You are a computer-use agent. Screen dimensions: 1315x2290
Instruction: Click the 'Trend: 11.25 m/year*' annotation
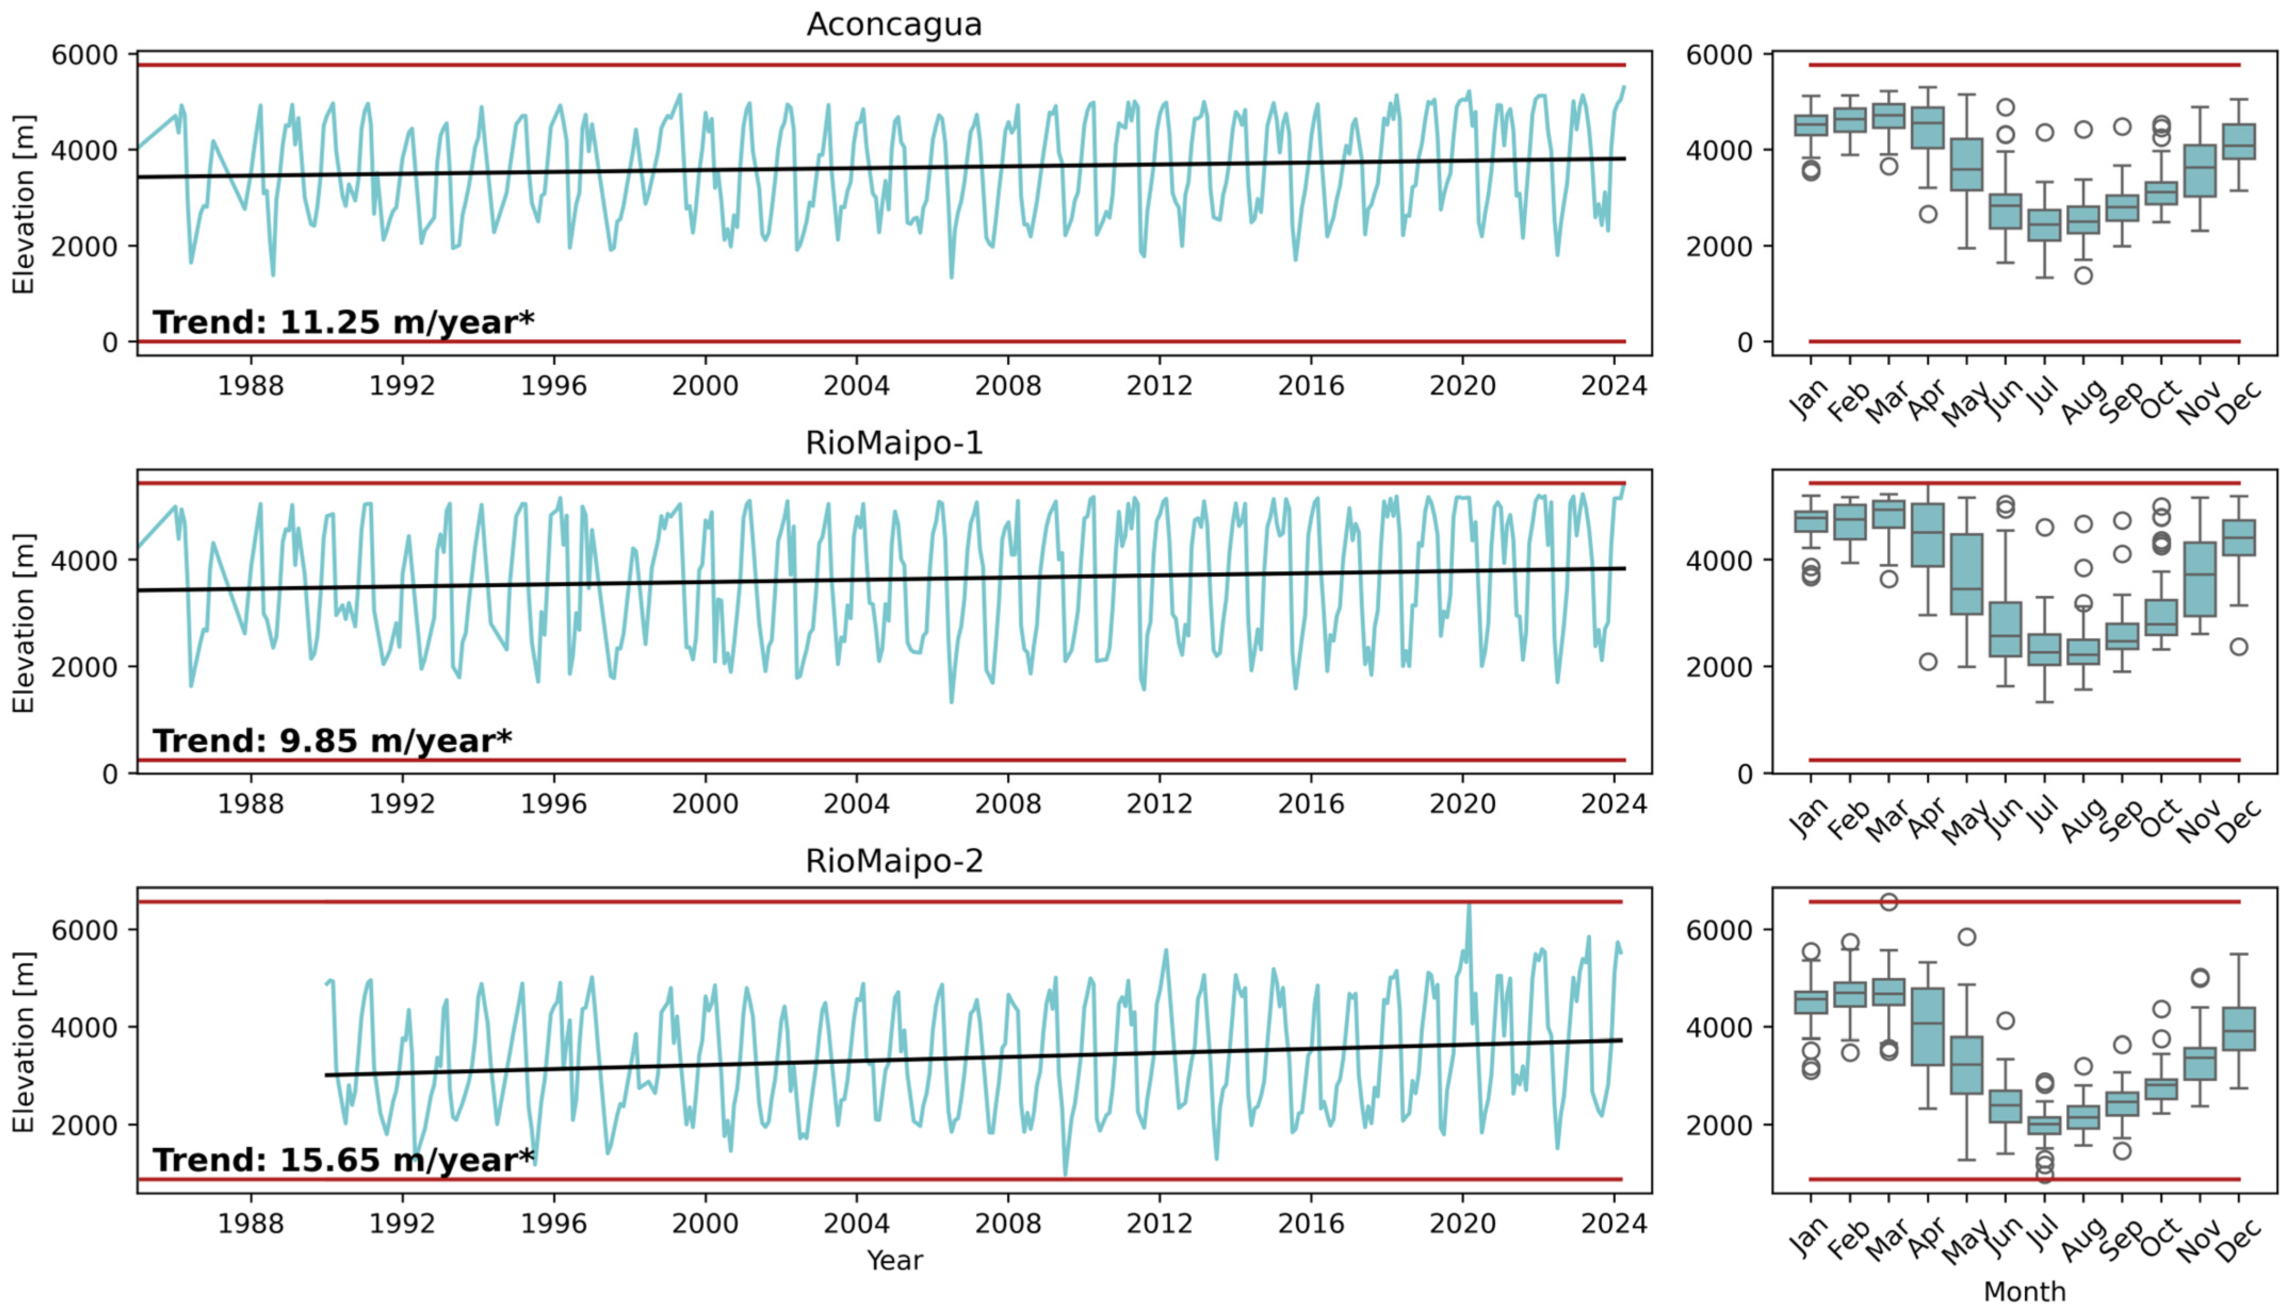click(343, 323)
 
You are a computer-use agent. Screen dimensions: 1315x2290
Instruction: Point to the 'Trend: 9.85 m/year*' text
click(331, 741)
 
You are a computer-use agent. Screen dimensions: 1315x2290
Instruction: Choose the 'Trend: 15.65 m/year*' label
click(343, 1160)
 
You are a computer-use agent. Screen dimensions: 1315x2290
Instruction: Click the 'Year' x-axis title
click(894, 1260)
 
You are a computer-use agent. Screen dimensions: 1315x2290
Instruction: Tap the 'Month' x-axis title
click(2024, 1292)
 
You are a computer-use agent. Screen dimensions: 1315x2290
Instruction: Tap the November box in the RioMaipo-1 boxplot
click(2199, 579)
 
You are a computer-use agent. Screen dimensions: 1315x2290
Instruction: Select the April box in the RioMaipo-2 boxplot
click(1928, 1027)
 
